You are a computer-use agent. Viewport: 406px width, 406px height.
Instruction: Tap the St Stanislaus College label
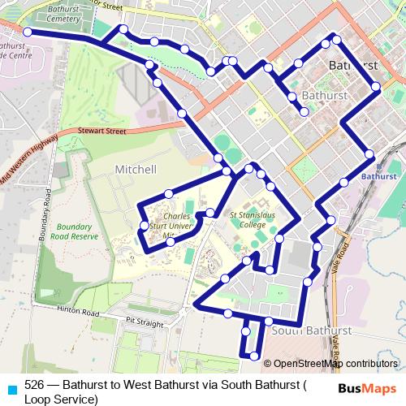(247, 221)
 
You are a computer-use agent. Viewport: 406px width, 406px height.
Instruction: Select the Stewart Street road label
(103, 130)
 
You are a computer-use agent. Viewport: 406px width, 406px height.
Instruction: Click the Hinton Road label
(79, 313)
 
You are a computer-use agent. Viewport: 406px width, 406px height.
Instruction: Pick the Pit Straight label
(140, 322)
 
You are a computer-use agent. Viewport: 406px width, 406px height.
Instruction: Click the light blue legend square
(10, 387)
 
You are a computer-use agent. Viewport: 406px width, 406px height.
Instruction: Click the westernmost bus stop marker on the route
(27, 32)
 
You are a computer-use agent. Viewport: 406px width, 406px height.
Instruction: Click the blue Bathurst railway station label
(377, 175)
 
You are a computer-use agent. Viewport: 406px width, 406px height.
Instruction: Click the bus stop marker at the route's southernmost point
(255, 356)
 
